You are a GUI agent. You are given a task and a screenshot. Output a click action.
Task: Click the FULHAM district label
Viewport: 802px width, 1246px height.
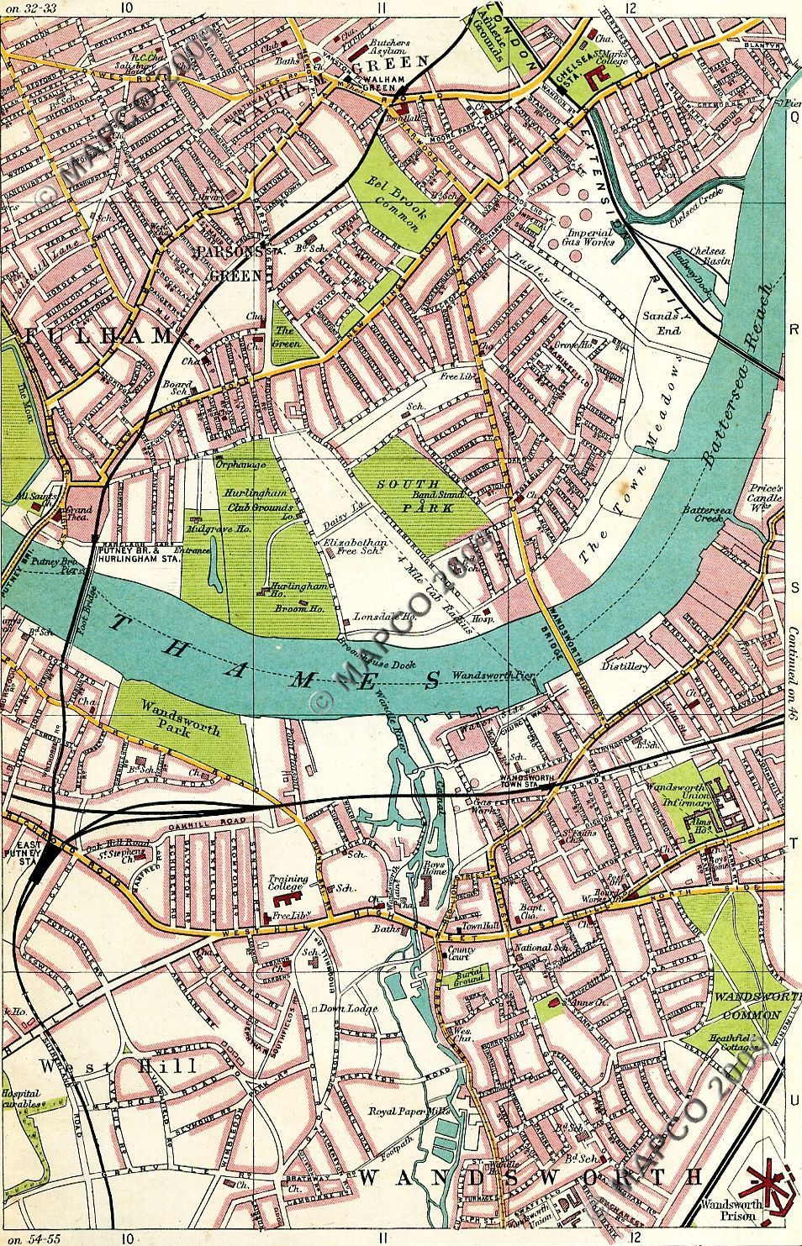[98, 336]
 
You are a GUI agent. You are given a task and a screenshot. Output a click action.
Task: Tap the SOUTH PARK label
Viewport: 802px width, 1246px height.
[408, 493]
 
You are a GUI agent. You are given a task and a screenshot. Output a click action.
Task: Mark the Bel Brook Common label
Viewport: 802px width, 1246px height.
[392, 199]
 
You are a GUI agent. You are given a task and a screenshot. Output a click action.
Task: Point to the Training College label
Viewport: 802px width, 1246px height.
[288, 885]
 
